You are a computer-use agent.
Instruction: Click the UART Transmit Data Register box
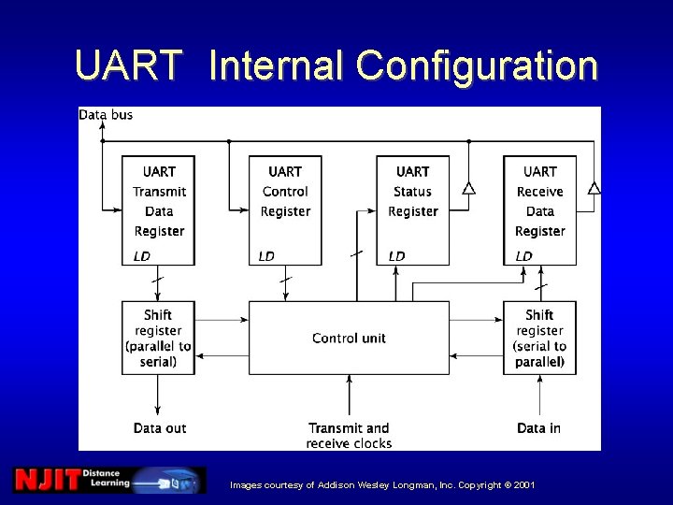159,209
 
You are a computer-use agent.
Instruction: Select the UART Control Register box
285,209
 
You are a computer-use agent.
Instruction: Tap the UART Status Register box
412,209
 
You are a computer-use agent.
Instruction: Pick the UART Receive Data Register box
539,209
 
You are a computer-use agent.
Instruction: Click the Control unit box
349,338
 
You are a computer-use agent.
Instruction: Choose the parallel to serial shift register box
158,338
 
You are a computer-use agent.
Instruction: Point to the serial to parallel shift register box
539,338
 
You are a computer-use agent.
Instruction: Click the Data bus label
106,115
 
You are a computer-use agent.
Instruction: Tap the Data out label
160,428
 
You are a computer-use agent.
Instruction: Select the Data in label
538,428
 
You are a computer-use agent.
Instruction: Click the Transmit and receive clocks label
349,435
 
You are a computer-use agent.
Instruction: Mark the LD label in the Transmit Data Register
142,256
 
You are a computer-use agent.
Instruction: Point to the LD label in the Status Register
397,256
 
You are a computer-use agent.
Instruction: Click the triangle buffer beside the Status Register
468,188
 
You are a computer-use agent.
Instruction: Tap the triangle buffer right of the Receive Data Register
593,188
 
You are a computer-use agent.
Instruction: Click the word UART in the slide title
129,66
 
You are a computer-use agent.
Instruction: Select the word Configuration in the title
477,66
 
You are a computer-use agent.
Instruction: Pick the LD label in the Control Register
267,256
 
